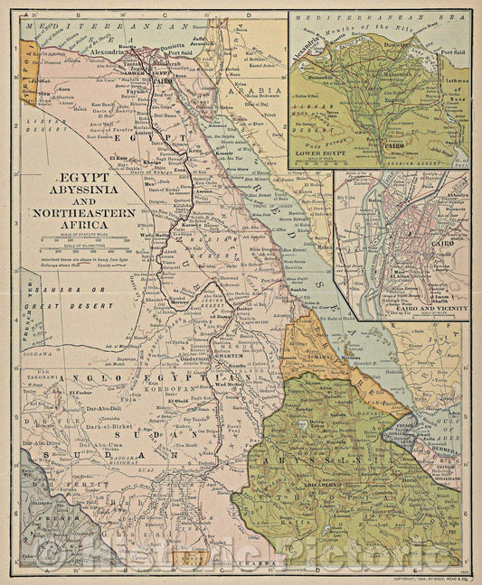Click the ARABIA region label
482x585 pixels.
click(x=243, y=92)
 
